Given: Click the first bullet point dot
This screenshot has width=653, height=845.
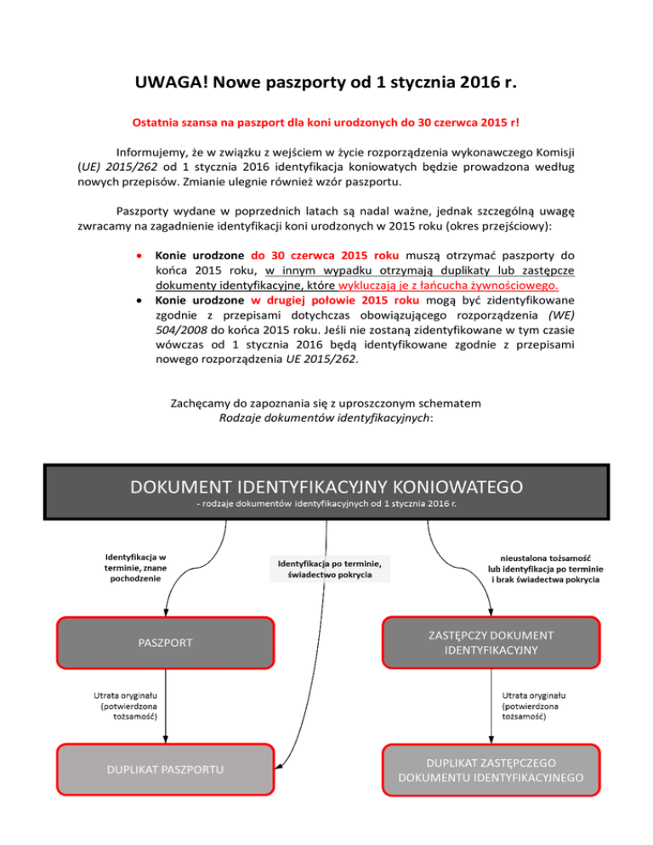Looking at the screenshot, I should coord(138,255).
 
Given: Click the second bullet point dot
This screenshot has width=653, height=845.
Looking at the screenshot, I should coord(138,301).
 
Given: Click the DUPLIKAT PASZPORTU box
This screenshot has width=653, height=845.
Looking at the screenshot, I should coord(166,769).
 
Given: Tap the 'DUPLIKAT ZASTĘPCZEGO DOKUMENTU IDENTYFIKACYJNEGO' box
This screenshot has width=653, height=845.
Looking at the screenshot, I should coord(491,769).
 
